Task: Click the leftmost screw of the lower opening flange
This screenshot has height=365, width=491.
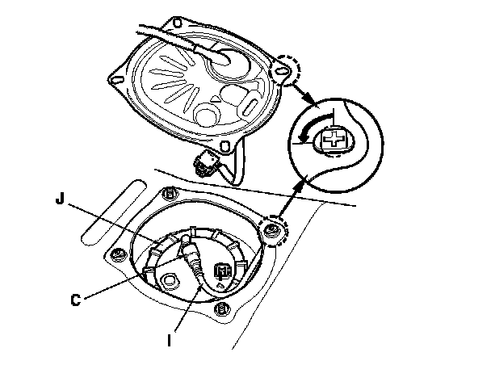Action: click(116, 256)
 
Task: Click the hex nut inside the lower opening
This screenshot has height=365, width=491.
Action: click(169, 280)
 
